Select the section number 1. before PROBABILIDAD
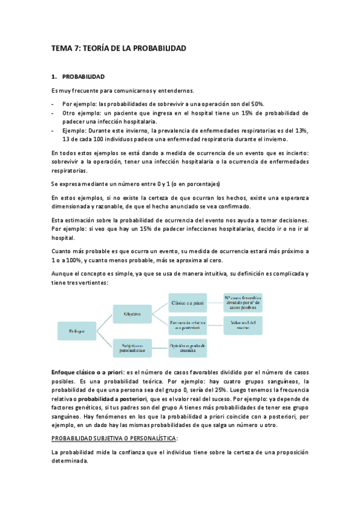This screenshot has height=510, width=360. point(54,77)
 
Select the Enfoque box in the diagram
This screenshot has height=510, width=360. point(77,331)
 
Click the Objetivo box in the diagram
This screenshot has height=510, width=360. point(132,314)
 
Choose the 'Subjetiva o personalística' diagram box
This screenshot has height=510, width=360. point(132,348)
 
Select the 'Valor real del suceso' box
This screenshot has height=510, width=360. point(243,325)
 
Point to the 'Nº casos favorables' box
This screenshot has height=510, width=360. point(243,302)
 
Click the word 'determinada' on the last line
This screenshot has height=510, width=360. point(70,461)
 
